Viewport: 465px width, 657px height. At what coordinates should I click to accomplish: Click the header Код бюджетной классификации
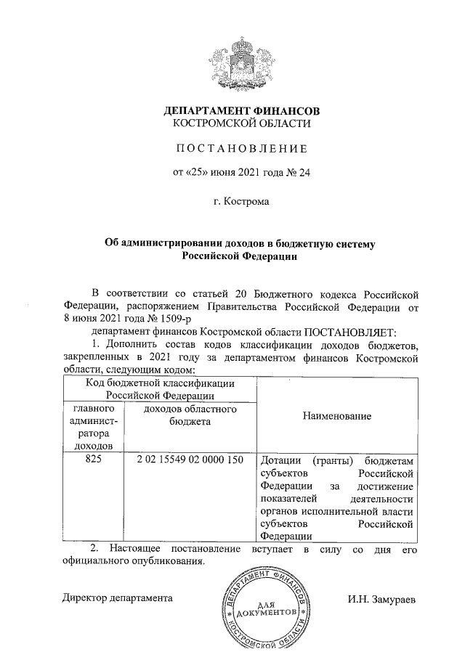point(160,383)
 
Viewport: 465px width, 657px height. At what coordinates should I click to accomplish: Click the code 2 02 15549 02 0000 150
point(188,460)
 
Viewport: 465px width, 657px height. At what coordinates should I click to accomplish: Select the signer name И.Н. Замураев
point(381,600)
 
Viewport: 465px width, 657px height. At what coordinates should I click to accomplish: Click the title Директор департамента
point(117,600)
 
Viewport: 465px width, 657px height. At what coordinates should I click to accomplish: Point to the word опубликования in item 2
point(165,561)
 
